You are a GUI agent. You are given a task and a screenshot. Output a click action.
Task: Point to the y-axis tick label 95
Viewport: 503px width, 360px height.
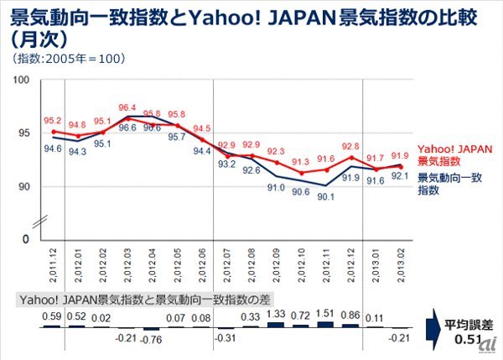click(24, 133)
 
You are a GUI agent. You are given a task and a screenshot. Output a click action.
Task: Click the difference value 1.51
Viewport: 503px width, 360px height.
click(325, 316)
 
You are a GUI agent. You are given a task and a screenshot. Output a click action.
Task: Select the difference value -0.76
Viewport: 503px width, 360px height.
click(152, 339)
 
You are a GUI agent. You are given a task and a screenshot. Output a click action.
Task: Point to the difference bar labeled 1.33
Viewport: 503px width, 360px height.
click(276, 322)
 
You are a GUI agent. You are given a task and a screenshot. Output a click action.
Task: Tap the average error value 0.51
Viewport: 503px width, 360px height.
click(463, 340)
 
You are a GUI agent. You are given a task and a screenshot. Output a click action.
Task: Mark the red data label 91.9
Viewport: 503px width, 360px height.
click(399, 155)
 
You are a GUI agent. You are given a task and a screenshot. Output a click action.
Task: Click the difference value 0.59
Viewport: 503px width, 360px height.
click(52, 316)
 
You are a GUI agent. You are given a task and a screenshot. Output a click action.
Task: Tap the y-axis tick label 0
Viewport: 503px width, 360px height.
click(27, 239)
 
